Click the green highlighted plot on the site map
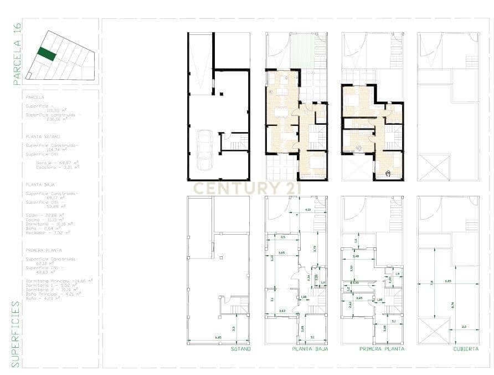47,54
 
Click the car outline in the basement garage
204,150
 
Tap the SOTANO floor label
241,349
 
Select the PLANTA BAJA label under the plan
310,349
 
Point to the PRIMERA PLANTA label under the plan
382,349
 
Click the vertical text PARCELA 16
17,54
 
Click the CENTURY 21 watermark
246,188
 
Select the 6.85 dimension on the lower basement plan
218,337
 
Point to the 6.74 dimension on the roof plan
453,305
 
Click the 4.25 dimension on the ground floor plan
308,210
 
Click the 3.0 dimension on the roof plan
464,327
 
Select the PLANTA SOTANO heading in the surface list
43,136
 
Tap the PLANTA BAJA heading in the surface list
40,184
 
